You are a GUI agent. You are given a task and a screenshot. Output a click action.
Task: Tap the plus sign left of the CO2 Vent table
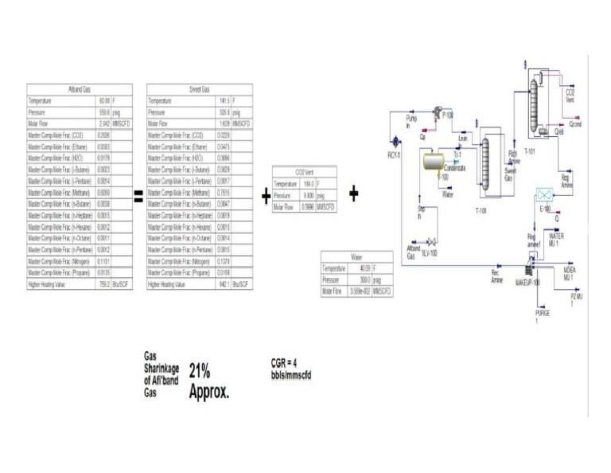pyautogui.click(x=266, y=197)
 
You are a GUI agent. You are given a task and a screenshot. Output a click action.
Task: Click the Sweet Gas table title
pyautogui.click(x=200, y=90)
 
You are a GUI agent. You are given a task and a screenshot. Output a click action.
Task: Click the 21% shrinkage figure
pyautogui.click(x=200, y=371)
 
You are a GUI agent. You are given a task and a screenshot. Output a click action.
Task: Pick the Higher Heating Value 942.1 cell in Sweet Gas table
pyautogui.click(x=224, y=283)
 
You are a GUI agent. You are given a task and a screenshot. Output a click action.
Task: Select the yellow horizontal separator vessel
pyautogui.click(x=434, y=162)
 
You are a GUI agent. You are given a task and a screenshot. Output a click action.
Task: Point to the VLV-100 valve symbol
pyautogui.click(x=431, y=244)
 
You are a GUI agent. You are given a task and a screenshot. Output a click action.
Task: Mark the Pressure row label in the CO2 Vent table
pyautogui.click(x=282, y=194)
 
